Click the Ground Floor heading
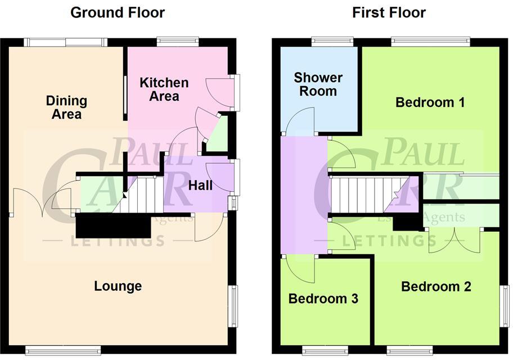(x=118, y=12)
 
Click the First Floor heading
(x=389, y=12)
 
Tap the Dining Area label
(x=66, y=107)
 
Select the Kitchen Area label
(x=164, y=89)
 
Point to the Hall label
(x=200, y=184)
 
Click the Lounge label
(x=118, y=286)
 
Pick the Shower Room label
(x=318, y=84)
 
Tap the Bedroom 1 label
(x=430, y=102)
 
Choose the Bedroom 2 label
(x=436, y=287)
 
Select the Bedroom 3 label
(x=323, y=299)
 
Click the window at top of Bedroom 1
(x=430, y=40)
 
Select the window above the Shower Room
(x=332, y=40)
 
